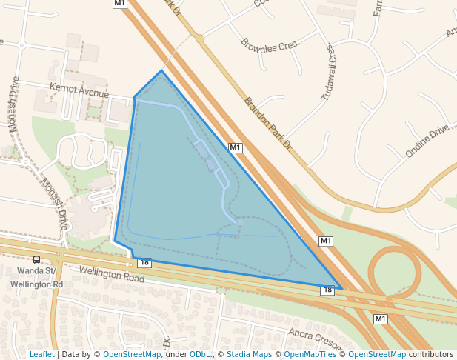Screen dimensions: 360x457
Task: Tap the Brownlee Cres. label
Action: [x=270, y=44]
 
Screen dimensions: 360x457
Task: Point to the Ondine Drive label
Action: [x=427, y=141]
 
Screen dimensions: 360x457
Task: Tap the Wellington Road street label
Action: [x=111, y=274]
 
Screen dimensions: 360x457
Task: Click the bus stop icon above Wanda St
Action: [x=36, y=259]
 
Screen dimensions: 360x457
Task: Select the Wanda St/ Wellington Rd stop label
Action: [x=36, y=277]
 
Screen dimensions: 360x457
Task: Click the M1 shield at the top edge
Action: [x=120, y=4]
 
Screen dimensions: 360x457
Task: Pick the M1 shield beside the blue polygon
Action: [x=236, y=147]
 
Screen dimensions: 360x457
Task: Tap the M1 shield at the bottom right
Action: [x=381, y=319]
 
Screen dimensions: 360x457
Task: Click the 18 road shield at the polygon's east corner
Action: [x=327, y=290]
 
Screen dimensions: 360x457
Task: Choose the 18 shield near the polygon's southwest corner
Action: [x=144, y=262]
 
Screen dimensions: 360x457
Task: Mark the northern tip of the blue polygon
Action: [x=162, y=71]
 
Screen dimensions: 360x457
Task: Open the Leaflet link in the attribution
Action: [x=41, y=354]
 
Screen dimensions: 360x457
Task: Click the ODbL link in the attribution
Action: [x=200, y=354]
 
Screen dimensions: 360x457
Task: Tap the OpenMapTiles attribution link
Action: [x=305, y=354]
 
